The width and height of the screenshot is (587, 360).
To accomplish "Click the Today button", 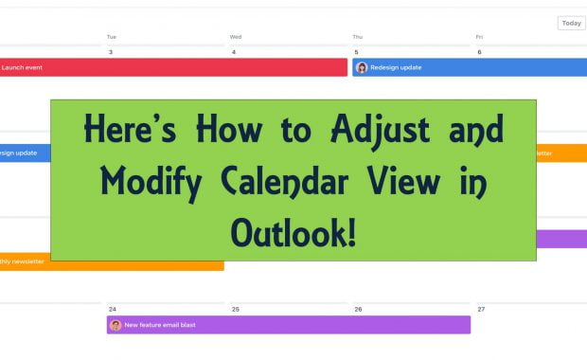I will pyautogui.click(x=571, y=23).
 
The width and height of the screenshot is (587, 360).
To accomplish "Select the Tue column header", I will pyautogui.click(x=112, y=37).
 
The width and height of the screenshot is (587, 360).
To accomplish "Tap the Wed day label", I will pyautogui.click(x=235, y=37).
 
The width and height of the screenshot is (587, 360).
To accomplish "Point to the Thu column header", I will pyautogui.click(x=358, y=37).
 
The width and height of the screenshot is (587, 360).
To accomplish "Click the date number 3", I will pyautogui.click(x=111, y=52).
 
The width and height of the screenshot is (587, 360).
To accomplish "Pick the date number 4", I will pyautogui.click(x=234, y=52).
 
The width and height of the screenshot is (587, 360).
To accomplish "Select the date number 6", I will pyautogui.click(x=479, y=52).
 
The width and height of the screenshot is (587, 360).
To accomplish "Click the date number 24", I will pyautogui.click(x=113, y=309).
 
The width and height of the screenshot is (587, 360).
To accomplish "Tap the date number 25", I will pyautogui.click(x=236, y=309).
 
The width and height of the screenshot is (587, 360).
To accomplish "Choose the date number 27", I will pyautogui.click(x=482, y=309).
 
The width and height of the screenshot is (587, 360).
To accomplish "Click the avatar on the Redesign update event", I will pyautogui.click(x=362, y=67).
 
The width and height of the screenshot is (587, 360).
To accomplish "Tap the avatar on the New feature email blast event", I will pyautogui.click(x=116, y=325).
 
